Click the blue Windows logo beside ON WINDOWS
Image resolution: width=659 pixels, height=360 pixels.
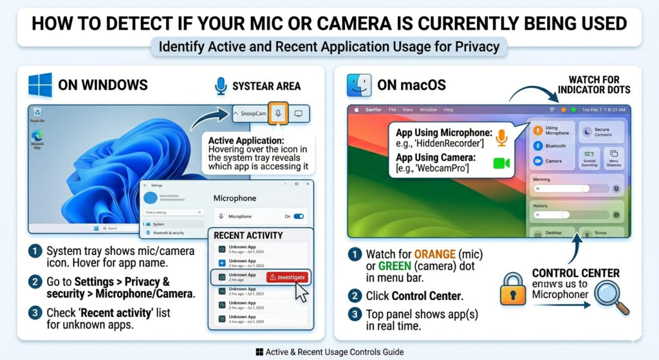coord(40,84)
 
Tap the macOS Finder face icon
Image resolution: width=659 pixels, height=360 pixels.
coord(358,85)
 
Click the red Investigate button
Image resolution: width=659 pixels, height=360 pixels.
coord(287,276)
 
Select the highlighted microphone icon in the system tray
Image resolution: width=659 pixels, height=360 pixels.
coord(278,113)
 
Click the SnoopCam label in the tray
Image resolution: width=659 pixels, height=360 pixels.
coord(252,113)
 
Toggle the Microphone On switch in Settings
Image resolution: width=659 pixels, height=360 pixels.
coord(299,216)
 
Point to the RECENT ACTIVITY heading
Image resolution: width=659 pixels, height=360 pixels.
coord(248,236)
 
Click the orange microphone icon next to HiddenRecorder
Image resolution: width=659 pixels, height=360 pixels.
coord(502,136)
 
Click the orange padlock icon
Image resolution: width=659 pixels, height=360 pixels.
coord(513,290)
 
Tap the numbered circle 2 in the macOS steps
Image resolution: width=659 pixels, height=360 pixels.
coord(355,296)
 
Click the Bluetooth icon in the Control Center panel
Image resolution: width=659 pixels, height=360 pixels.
coord(537,146)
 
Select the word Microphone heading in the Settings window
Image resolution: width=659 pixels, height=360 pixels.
coord(234,198)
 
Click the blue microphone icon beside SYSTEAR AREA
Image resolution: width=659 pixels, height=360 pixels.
coord(221,85)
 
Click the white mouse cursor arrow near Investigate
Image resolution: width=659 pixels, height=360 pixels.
coord(301,290)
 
